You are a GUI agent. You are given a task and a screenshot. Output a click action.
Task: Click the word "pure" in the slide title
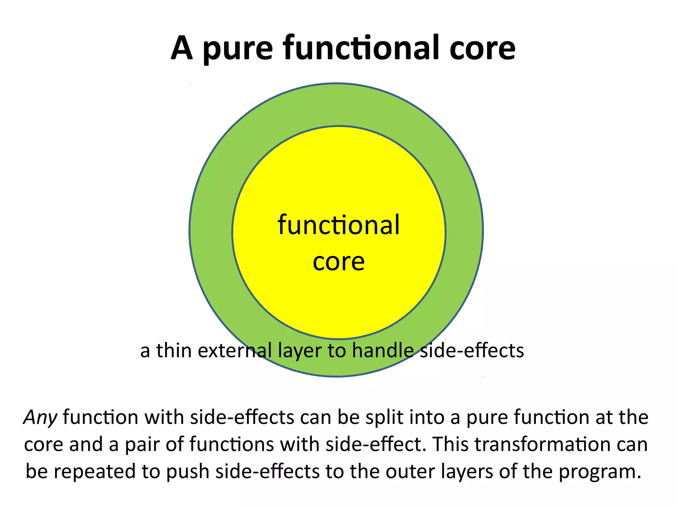(x=238, y=50)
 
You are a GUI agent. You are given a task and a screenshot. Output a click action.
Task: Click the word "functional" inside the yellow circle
(x=339, y=225)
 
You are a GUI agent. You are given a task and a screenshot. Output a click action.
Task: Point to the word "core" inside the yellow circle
(x=339, y=262)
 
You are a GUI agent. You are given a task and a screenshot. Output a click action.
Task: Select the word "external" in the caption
(x=235, y=350)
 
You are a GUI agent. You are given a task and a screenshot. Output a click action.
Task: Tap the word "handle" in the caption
(x=383, y=350)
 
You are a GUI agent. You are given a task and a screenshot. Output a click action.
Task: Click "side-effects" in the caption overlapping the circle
(x=472, y=350)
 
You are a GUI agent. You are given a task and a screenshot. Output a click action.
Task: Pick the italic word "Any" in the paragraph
(x=40, y=417)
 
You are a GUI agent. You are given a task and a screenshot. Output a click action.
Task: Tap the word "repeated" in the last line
(x=95, y=472)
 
